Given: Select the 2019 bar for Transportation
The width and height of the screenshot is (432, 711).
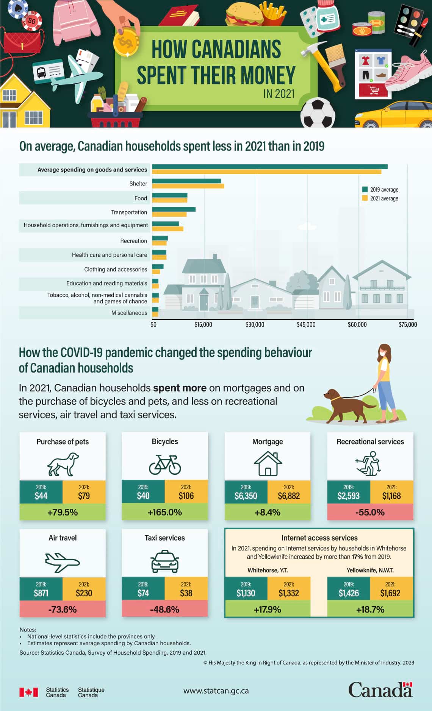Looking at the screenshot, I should [174, 209].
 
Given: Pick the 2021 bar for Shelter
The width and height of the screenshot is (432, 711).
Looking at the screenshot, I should [188, 186].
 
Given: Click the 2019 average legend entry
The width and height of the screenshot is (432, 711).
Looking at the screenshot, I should [380, 190].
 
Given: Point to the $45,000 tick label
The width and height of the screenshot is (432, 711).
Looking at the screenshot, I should [306, 324].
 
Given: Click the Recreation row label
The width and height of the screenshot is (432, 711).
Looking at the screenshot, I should [133, 241].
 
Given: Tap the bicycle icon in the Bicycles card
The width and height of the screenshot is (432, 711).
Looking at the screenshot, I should [165, 464].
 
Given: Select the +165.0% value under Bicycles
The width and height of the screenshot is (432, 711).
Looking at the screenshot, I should [165, 512].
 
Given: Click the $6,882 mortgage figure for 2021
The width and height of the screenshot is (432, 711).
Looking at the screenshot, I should [289, 496].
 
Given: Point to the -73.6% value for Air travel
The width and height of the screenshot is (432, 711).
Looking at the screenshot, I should [63, 609].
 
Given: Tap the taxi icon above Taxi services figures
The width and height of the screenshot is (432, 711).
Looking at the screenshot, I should [165, 562].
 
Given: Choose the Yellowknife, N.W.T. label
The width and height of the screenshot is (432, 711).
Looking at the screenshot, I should [370, 570].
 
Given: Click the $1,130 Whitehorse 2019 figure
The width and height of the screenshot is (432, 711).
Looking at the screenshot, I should [246, 593].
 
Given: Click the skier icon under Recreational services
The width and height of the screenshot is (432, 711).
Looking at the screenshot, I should [369, 463].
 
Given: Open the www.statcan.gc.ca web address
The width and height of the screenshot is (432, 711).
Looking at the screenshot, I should [216, 691].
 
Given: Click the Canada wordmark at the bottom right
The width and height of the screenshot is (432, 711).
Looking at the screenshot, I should [380, 690].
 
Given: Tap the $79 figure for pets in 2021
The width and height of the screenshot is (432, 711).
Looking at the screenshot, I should [84, 496].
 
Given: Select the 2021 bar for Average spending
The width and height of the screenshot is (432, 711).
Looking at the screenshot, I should [266, 172].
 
